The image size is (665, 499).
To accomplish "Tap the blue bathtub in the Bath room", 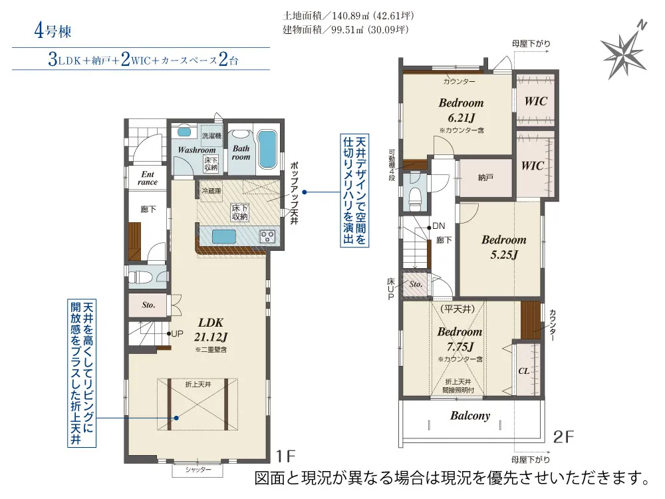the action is (x=267, y=149).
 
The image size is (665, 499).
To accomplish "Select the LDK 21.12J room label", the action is (x=211, y=330).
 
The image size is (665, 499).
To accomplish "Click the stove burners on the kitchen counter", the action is (x=267, y=236).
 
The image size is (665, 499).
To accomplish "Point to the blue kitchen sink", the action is (x=224, y=236).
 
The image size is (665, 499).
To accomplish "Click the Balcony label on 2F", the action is (x=470, y=416).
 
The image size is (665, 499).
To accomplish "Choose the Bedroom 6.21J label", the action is (x=461, y=110).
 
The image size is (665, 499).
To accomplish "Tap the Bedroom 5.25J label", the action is (x=504, y=247).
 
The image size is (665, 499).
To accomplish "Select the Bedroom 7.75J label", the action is (x=460, y=339).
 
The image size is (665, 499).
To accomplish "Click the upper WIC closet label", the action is (x=535, y=101).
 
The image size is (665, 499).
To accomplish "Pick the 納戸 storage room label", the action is (x=485, y=178).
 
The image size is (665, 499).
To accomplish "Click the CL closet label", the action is (x=524, y=371).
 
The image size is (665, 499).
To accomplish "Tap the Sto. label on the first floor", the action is (x=148, y=305).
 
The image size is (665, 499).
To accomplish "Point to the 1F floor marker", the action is (x=285, y=456).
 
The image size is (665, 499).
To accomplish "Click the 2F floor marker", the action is (x=563, y=436).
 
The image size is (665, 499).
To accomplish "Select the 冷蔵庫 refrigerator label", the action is (x=211, y=191).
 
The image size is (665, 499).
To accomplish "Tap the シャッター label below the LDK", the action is (x=198, y=470).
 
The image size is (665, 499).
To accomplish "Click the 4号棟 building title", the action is (x=53, y=31).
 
